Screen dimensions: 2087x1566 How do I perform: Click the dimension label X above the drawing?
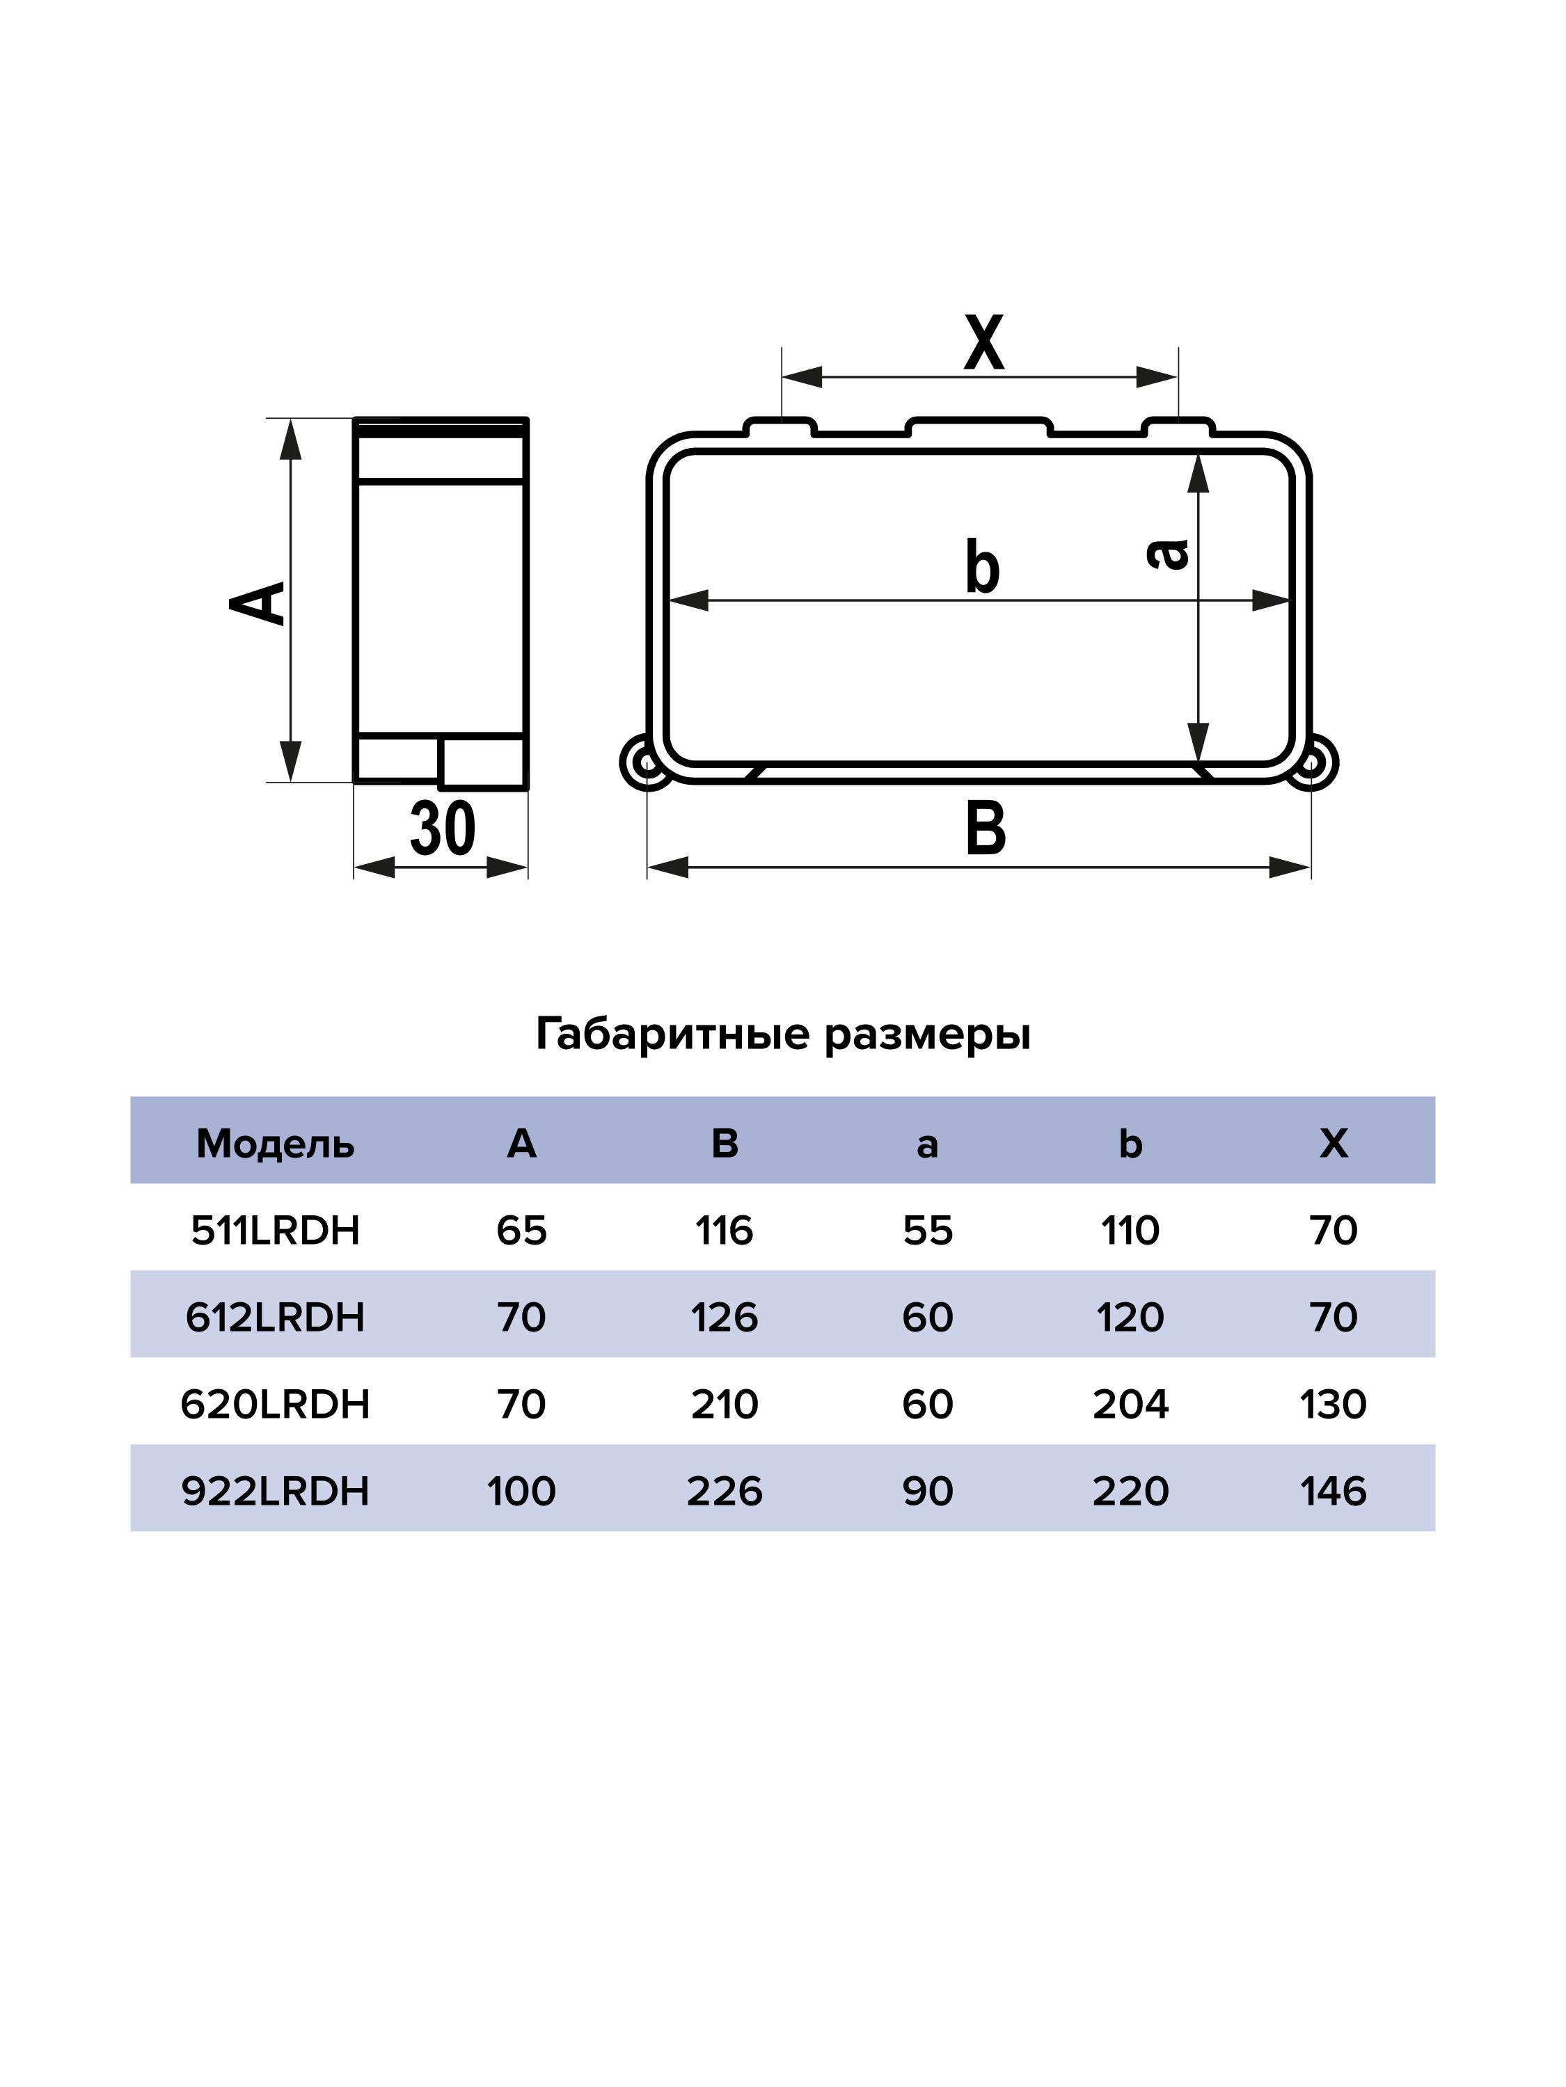coord(983,344)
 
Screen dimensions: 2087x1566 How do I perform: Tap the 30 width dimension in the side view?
coord(442,829)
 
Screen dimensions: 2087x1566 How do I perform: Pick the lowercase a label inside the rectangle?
coord(1168,554)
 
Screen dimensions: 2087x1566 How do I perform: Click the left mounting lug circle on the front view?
coord(647,761)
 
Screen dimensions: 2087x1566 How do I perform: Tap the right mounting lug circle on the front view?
coord(1312,761)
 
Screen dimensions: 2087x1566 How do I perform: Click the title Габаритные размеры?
coord(782,1034)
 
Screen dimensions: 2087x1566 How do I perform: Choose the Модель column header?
coord(275,1144)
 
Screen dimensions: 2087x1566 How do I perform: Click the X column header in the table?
coord(1333,1144)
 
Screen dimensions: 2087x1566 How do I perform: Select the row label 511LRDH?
coord(275,1231)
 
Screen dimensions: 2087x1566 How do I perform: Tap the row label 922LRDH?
coord(275,1491)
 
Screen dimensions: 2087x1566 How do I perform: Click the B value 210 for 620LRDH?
coord(724,1404)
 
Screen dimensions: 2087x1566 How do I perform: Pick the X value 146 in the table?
coord(1333,1491)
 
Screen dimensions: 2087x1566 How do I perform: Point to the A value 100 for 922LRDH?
coord(521,1491)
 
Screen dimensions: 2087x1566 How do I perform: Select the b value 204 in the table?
coord(1130,1404)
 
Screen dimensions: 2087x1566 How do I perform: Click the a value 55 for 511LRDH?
coord(927,1231)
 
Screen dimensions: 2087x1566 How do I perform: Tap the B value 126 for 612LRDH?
coord(724,1317)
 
